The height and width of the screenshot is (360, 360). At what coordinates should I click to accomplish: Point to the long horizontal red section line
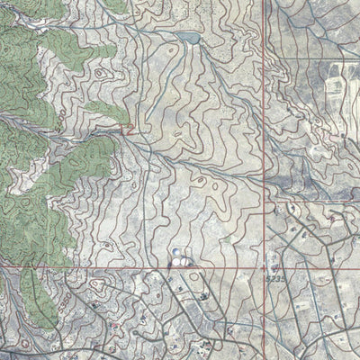coord(135,267)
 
